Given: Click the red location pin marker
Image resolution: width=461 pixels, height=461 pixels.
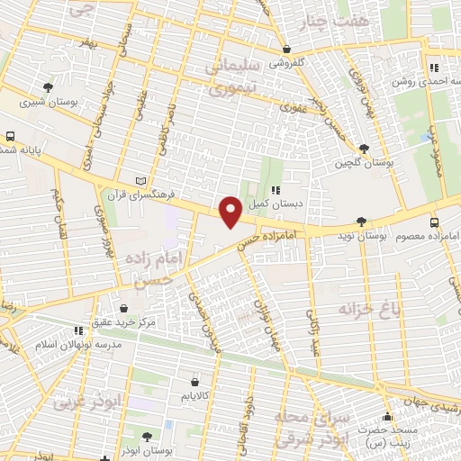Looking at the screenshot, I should (x=231, y=211).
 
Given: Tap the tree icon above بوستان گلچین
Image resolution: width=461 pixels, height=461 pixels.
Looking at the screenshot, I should (x=364, y=149).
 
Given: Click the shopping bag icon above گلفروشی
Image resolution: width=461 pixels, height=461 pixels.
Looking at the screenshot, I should (x=286, y=50).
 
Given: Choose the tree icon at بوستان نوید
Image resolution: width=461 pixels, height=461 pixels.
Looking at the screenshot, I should (x=361, y=221).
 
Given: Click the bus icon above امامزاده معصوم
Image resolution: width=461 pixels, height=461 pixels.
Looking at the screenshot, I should (x=435, y=221).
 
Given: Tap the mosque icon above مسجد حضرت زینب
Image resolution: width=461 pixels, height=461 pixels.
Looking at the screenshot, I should (x=387, y=417).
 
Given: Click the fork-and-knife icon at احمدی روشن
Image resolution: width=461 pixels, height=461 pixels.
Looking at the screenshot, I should (x=433, y=67).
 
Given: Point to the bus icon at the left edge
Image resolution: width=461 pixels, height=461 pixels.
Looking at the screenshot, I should (x=10, y=137).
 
